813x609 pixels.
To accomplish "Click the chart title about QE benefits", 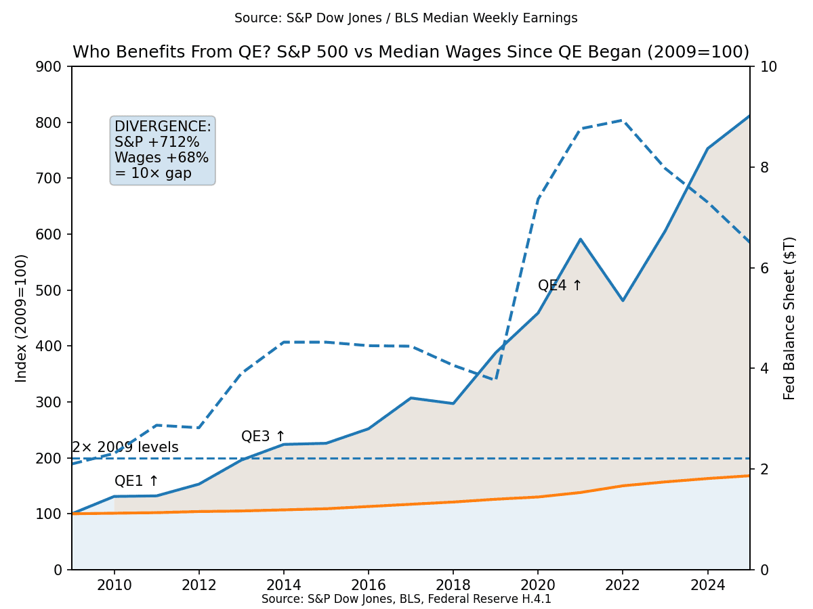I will click(x=411, y=53).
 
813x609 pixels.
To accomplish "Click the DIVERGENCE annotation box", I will click(x=163, y=150).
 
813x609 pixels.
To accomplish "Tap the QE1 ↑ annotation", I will click(x=136, y=481).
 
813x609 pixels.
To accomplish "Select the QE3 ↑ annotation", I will click(x=264, y=436).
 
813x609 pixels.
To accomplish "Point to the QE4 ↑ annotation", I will click(x=560, y=286).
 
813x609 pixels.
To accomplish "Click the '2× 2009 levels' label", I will click(x=125, y=447).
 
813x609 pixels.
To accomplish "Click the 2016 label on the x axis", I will click(x=368, y=584).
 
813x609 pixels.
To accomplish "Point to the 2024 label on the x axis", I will click(x=707, y=584).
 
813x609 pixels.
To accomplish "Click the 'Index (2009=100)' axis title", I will click(x=22, y=318).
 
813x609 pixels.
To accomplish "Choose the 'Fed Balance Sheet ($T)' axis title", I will click(x=789, y=318).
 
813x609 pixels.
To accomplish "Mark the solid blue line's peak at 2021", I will click(x=581, y=239).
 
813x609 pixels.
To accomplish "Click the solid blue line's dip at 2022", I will click(x=623, y=300).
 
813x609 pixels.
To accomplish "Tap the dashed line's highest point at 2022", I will click(x=623, y=120).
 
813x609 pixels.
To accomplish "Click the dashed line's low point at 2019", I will click(x=496, y=380).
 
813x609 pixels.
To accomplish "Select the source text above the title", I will click(x=406, y=18).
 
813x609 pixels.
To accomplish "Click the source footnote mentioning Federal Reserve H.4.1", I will click(x=406, y=599).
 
